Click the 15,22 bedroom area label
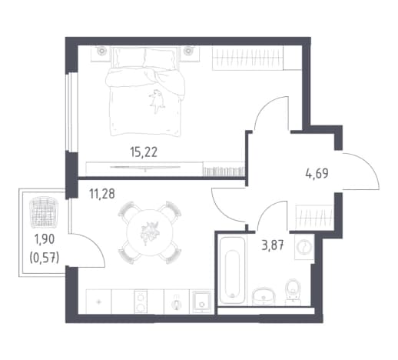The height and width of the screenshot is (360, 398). pos(144,152)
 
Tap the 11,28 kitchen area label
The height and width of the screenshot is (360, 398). pos(102,194)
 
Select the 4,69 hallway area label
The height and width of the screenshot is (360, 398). pos(317,173)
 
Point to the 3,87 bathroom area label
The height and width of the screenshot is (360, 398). pos(273,247)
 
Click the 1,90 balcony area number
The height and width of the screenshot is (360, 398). pos(45,239)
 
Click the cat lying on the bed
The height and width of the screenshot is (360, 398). pos(156,101)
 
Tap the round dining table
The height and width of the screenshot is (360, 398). pos(150,232)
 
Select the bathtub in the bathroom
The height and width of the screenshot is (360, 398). pos(232,270)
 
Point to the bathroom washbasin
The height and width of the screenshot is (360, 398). pos(264,297)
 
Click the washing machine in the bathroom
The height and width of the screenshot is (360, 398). pos(304,247)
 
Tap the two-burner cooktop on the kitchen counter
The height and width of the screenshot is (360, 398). pos(141,302)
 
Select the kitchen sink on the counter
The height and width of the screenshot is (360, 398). pos(201,302)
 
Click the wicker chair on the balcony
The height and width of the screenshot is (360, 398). pos(44,212)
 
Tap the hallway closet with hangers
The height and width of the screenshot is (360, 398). pos(314,217)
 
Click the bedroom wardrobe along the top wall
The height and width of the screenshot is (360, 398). pos(257,58)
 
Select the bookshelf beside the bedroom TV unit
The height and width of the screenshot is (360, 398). pos(224,169)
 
